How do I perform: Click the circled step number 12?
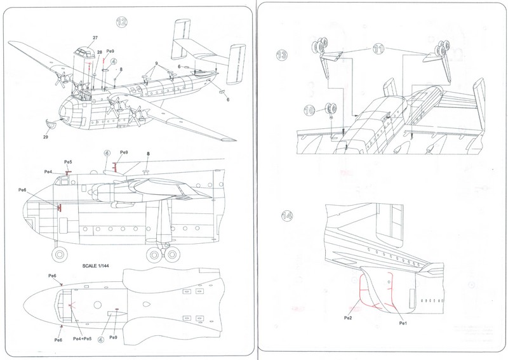pos(122,22)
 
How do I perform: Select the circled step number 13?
pos(281,55)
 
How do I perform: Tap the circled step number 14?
pos(287,215)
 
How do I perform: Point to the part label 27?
pos(95,37)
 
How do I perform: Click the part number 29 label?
pos(46,137)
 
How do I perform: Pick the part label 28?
pos(100,52)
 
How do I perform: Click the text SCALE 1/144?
pos(96,265)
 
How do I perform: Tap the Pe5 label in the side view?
pos(68,162)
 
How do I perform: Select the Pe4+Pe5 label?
pos(83,338)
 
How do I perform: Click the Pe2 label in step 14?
pos(348,318)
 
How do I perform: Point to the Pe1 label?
pos(403,323)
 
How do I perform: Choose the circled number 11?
pos(378,49)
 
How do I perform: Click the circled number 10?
pos(309,110)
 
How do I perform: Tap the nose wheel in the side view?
pos(60,255)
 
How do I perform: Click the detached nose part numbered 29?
pos(51,123)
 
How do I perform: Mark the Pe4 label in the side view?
pos(48,171)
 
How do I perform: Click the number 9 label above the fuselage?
pos(156,63)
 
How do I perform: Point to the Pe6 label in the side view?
pos(22,190)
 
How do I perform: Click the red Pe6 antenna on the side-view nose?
pos(59,208)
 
